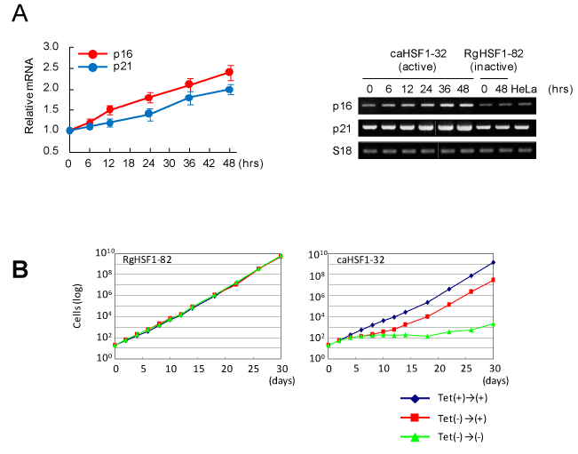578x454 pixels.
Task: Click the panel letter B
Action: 25,267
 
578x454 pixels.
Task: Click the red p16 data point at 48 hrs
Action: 230,72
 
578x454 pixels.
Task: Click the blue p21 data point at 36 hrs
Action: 189,97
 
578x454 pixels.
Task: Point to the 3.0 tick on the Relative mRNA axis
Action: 51,47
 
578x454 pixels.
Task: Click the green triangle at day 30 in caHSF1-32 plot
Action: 494,324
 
